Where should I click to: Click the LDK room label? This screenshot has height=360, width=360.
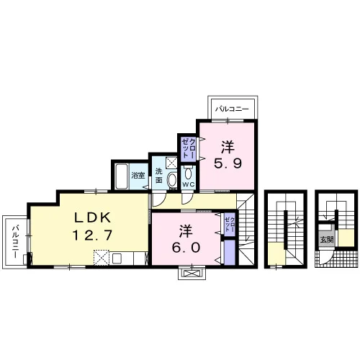[93, 218]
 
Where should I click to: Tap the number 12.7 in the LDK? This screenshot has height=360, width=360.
[92, 235]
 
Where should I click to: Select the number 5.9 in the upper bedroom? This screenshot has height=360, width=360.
[228, 163]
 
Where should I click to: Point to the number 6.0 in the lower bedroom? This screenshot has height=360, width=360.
[186, 248]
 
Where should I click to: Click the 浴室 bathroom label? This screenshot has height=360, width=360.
[138, 176]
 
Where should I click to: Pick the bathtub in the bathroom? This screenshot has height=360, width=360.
[122, 176]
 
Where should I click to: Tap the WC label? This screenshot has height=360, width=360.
[189, 184]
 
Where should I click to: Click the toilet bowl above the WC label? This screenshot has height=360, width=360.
[189, 173]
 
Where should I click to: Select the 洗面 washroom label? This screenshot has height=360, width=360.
[158, 176]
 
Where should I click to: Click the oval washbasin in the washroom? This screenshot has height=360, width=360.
[171, 180]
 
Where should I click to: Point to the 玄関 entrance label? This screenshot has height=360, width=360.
[326, 239]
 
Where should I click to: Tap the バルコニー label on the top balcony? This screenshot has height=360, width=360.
[232, 109]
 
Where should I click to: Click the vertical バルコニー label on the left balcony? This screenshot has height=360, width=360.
[16, 241]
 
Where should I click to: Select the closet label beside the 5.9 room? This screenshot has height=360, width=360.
[189, 148]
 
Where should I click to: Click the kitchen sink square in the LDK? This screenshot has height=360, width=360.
[118, 258]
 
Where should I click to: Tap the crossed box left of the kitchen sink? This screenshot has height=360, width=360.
[102, 258]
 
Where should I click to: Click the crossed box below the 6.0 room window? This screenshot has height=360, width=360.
[192, 274]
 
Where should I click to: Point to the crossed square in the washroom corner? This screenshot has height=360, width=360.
[171, 163]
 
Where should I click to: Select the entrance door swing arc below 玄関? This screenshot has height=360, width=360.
[328, 258]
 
